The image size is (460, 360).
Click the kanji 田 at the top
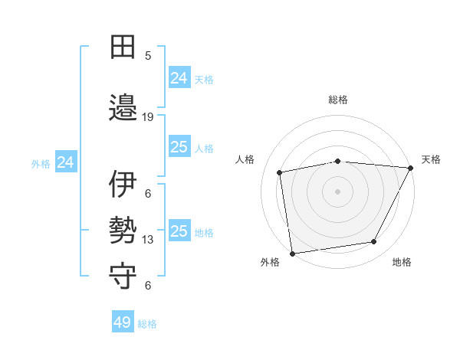[x=123, y=47]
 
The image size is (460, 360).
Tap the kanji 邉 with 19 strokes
[x=123, y=106]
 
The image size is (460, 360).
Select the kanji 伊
[x=123, y=184]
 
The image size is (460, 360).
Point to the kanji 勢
[x=123, y=231]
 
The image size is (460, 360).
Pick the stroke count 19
[x=148, y=117]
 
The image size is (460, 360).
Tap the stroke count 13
[x=148, y=240]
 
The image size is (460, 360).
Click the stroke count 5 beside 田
[x=148, y=56]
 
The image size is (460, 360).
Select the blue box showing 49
[x=123, y=322]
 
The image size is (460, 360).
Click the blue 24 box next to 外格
[x=66, y=162]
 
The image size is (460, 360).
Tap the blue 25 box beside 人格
[x=179, y=147]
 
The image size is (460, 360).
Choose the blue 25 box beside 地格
[x=179, y=231]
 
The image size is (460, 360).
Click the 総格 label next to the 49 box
[x=147, y=324]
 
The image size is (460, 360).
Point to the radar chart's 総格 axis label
[x=338, y=100]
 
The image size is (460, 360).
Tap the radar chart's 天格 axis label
[x=431, y=159]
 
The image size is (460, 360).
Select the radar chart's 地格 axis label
[x=402, y=262]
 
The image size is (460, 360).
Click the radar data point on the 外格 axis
[x=292, y=253]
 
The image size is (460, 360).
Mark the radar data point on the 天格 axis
[x=411, y=168]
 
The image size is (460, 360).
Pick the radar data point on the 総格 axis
[x=338, y=161]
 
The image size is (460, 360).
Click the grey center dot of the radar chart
[x=338, y=191]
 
